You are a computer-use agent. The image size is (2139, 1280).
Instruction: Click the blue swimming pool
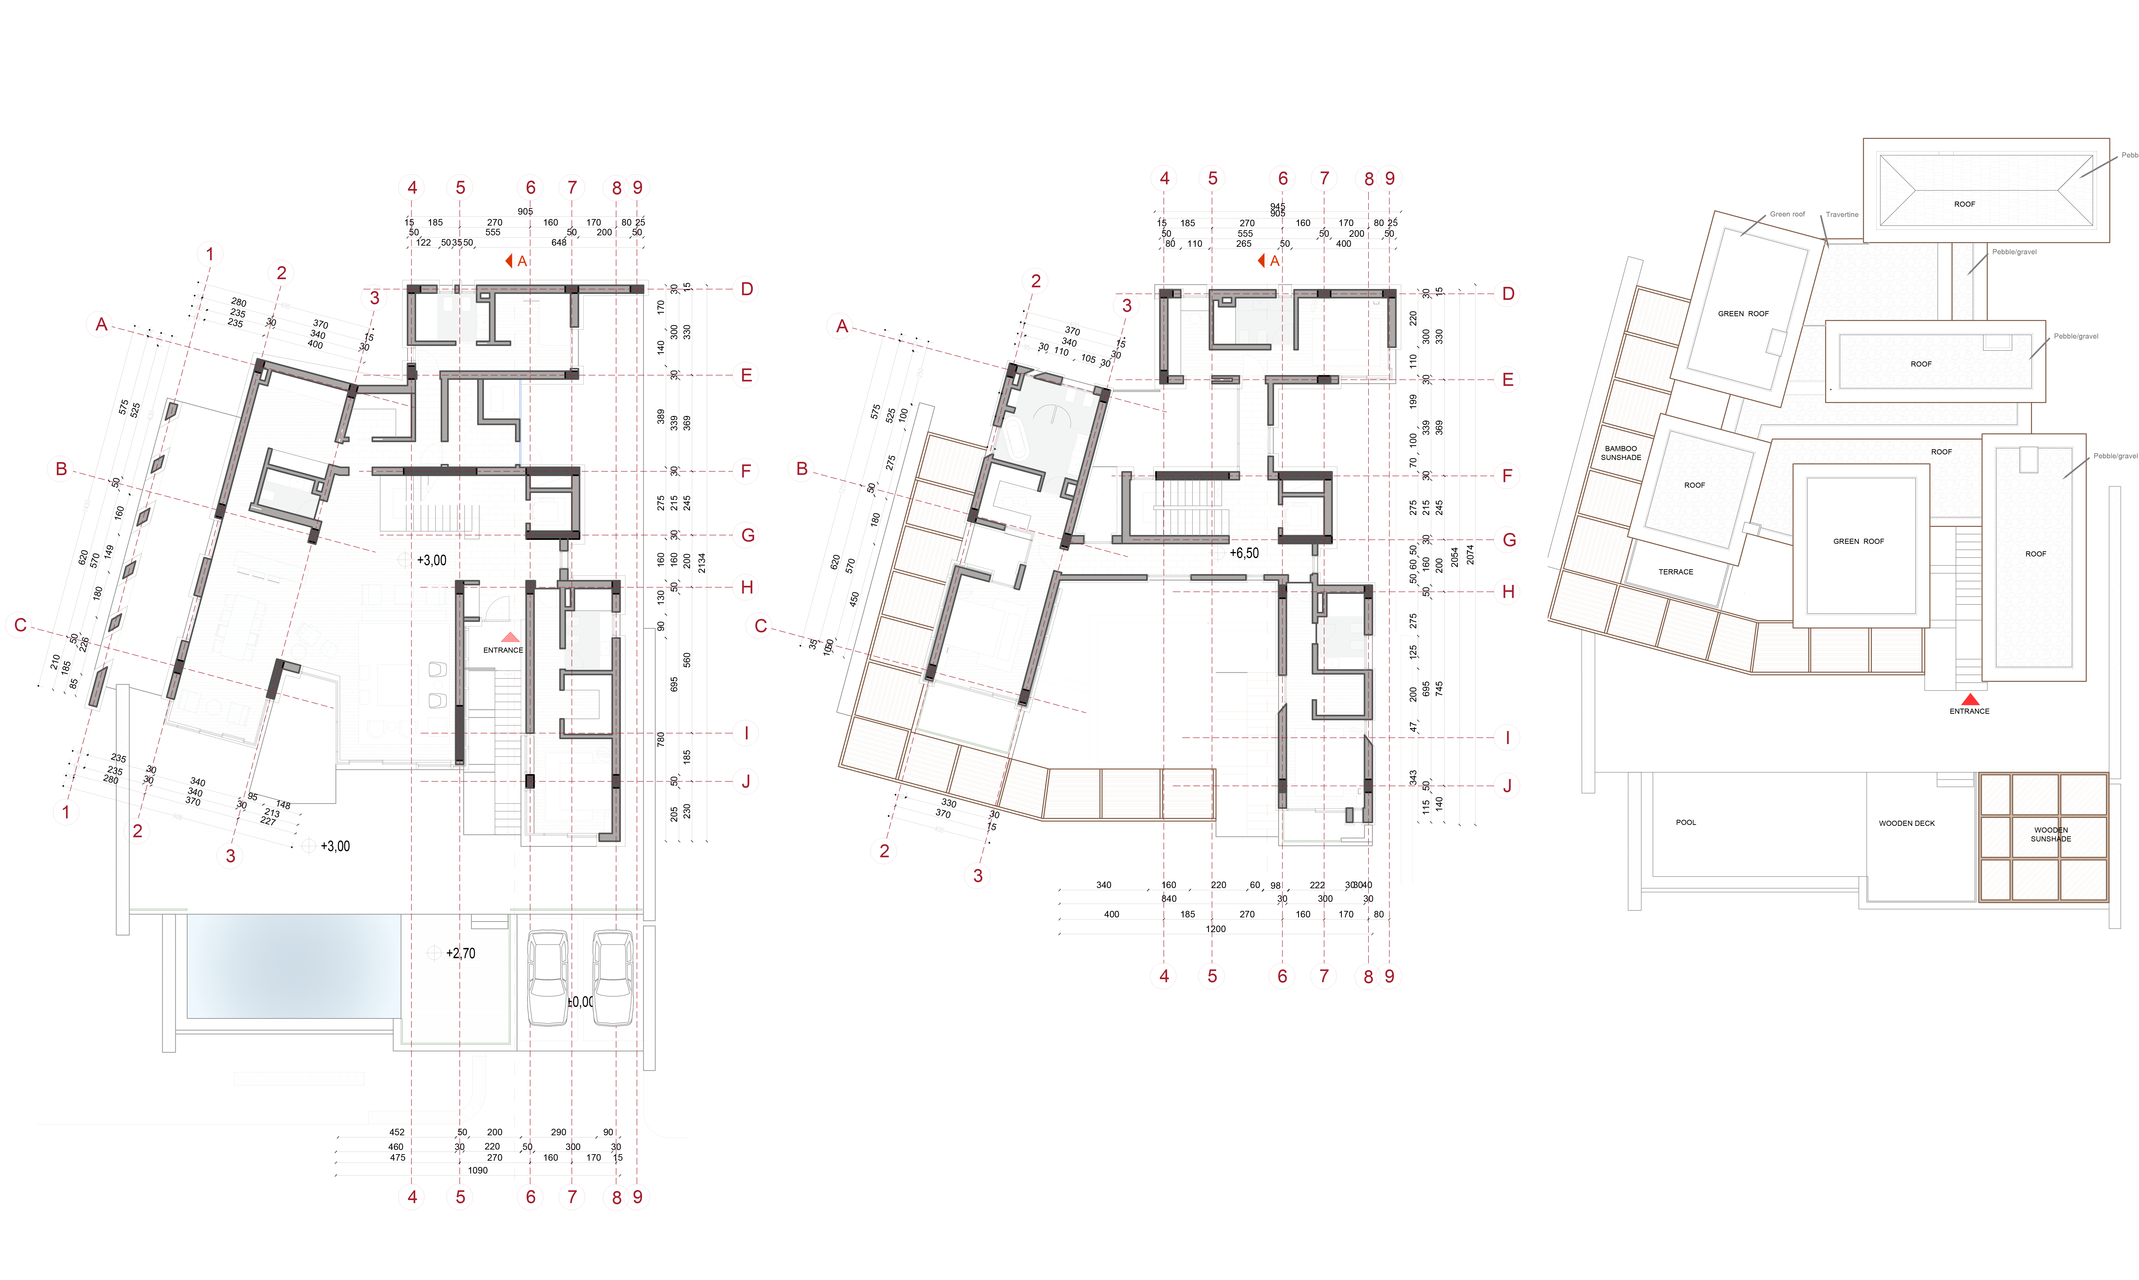tap(293, 966)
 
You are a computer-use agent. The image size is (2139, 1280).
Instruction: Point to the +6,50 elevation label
tap(1243, 553)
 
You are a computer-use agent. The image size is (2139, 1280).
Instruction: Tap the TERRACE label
tap(1676, 572)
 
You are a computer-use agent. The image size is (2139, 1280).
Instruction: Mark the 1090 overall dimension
tap(477, 1170)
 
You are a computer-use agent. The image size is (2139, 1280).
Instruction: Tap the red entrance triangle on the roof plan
tap(1970, 700)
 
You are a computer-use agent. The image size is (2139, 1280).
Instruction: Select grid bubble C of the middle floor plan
tap(760, 626)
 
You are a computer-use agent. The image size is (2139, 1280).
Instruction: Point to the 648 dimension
tap(559, 242)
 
